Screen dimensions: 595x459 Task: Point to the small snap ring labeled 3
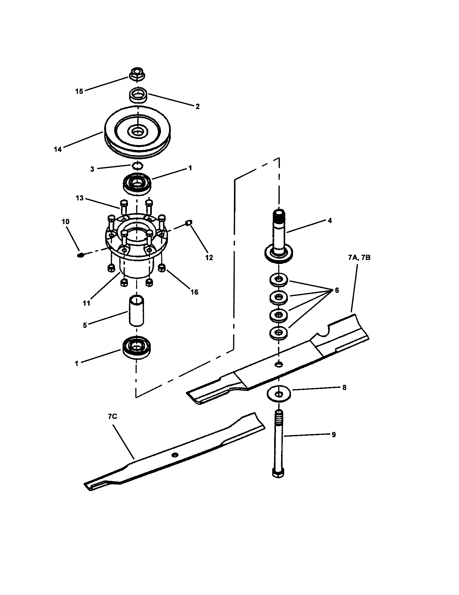tap(137, 165)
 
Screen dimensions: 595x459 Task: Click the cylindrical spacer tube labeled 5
tap(137, 310)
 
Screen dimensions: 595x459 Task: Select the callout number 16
tap(194, 292)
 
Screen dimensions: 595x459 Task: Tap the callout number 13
tap(80, 198)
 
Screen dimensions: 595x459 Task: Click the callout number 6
tap(337, 290)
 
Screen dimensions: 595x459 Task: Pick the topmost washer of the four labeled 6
tap(278, 280)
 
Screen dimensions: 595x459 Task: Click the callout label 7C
tap(112, 416)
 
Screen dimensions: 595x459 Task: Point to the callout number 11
tap(86, 303)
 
